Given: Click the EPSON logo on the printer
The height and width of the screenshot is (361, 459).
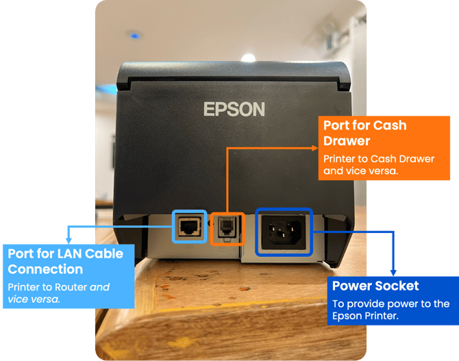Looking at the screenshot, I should (234, 109).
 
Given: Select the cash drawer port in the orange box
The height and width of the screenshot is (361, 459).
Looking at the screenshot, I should (227, 227).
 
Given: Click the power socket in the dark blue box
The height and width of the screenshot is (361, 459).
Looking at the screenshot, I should (284, 232).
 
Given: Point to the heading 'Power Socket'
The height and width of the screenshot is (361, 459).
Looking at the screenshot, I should (375, 286).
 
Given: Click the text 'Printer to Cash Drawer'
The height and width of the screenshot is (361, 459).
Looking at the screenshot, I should (379, 158).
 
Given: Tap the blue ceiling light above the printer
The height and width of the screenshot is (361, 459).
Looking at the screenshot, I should (134, 34).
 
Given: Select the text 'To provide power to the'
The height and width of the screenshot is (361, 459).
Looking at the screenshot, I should (388, 303).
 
